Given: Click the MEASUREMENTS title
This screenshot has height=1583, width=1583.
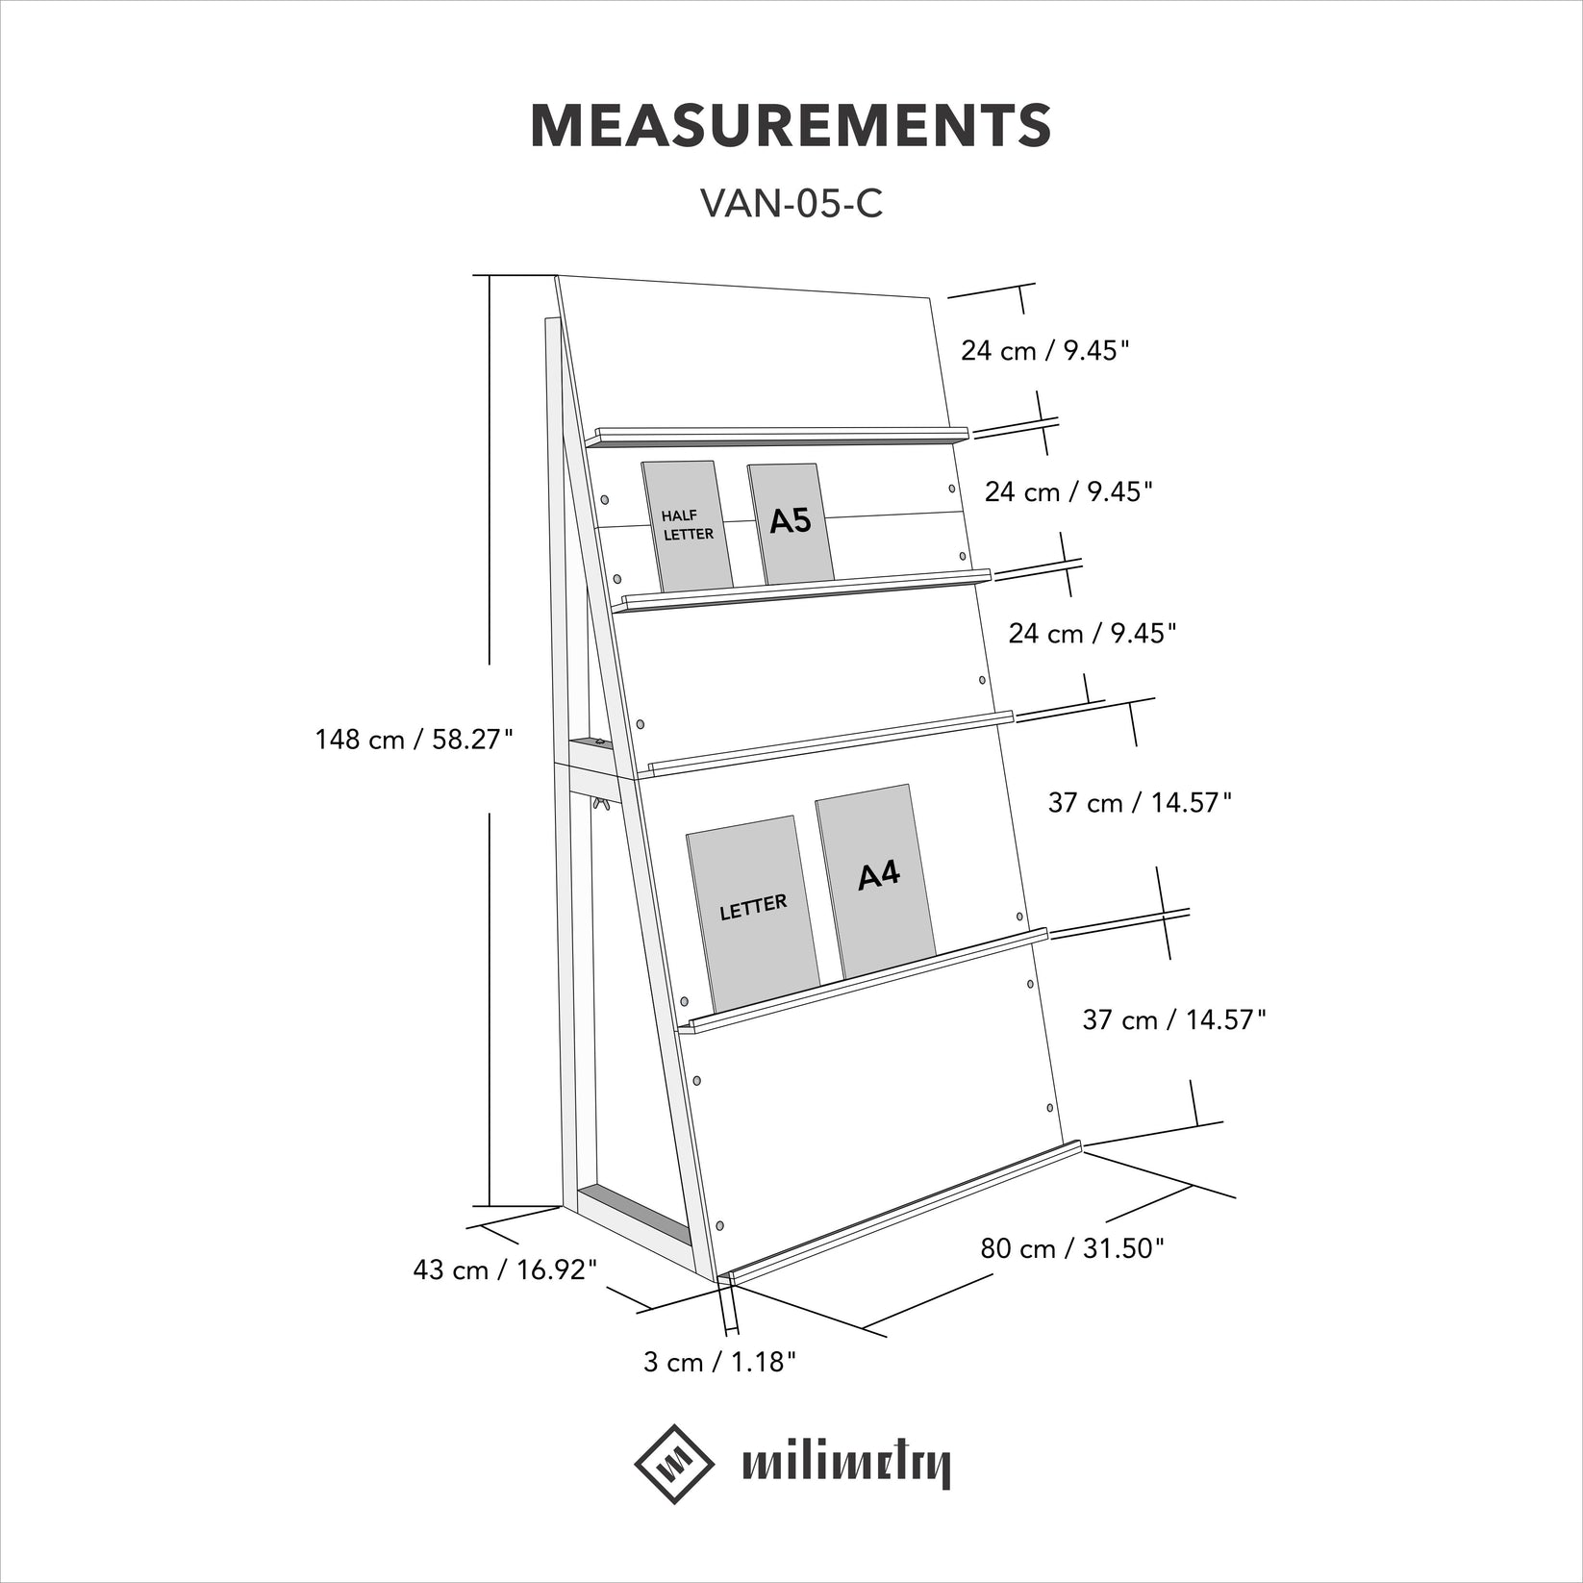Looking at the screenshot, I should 791,125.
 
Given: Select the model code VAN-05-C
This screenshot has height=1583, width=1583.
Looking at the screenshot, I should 791,203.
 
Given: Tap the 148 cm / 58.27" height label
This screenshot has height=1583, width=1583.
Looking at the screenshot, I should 415,739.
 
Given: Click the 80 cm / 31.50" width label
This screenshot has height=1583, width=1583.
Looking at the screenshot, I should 1072,1248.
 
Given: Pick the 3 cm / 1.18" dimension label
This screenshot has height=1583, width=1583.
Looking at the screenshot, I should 719,1362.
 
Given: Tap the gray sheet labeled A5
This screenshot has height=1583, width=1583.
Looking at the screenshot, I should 791,523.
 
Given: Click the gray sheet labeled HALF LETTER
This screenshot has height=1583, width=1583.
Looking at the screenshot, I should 687,526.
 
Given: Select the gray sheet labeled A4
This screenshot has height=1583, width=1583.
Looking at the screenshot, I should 876,880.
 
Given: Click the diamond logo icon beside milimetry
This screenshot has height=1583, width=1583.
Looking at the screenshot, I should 674,1463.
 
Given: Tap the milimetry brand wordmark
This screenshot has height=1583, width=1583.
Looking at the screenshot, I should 846,1467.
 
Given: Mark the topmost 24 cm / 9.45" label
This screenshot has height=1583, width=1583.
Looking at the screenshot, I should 1044,350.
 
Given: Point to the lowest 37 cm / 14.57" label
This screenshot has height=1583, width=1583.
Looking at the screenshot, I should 1174,1019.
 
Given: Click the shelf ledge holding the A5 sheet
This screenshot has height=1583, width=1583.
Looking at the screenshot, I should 808,589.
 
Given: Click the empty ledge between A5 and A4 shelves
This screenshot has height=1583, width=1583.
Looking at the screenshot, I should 832,743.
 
